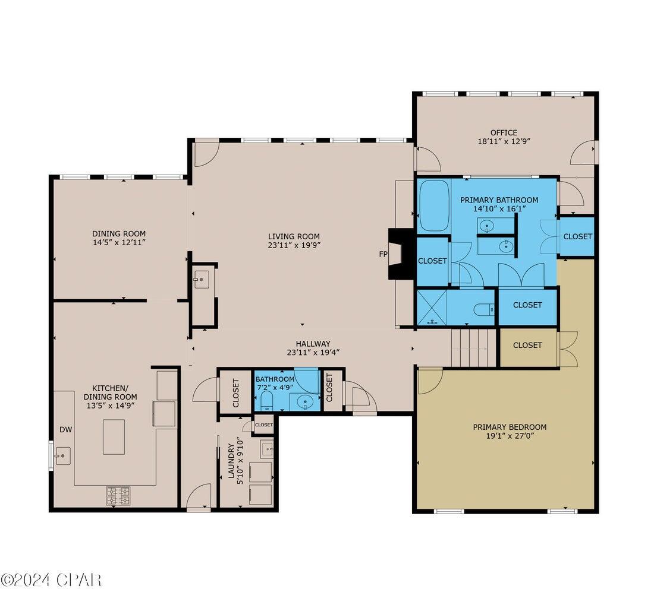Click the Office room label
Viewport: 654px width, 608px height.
click(504, 132)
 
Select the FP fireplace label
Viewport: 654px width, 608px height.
click(383, 254)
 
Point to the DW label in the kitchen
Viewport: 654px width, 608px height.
click(65, 429)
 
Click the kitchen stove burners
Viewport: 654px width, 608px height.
click(118, 495)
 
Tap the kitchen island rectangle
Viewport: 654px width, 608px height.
click(114, 436)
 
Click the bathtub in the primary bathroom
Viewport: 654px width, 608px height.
click(434, 206)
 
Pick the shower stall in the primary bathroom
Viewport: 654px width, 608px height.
click(433, 307)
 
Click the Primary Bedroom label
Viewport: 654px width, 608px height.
click(510, 427)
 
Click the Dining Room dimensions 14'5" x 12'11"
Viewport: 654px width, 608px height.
click(118, 243)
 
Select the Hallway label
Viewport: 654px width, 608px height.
click(313, 343)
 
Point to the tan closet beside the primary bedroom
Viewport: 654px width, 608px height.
click(527, 345)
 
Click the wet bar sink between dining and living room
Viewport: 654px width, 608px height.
click(201, 278)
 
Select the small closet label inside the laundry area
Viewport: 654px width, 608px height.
click(263, 425)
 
